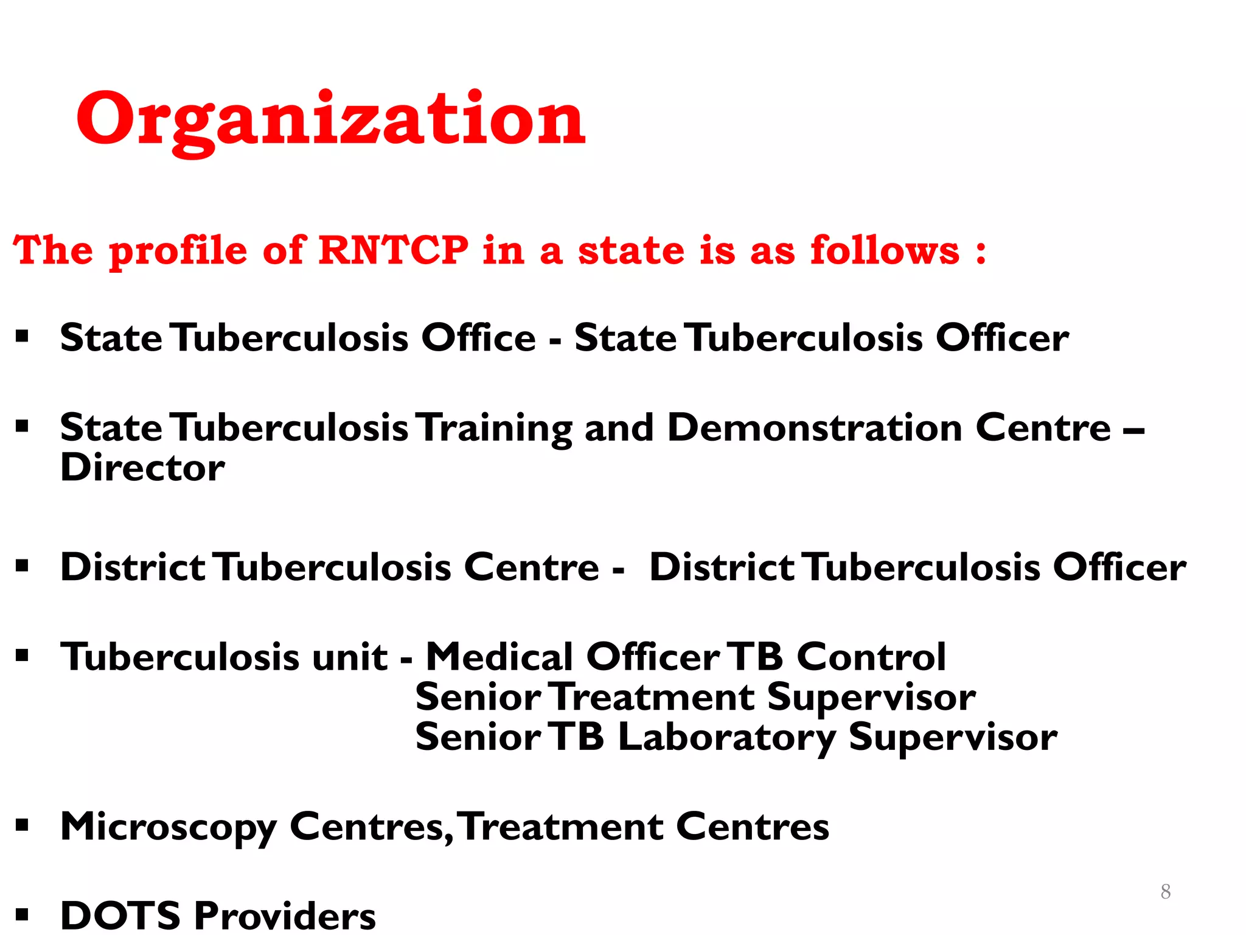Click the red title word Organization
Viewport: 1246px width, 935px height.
click(330, 120)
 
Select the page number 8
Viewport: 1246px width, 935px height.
click(1165, 891)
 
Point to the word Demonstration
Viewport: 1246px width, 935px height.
click(815, 427)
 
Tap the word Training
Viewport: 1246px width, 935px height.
click(496, 429)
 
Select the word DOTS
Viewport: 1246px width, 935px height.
click(120, 915)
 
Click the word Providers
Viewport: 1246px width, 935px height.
click(285, 915)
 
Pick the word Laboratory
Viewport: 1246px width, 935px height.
click(726, 738)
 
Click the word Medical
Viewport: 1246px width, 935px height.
click(499, 657)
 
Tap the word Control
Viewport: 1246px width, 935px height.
click(871, 657)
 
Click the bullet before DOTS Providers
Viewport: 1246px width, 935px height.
click(23, 914)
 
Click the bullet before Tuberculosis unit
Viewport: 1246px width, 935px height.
click(23, 656)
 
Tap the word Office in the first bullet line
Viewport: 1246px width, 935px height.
click(479, 338)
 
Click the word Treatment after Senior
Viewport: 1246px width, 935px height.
click(653, 697)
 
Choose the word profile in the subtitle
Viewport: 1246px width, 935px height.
click(178, 251)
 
